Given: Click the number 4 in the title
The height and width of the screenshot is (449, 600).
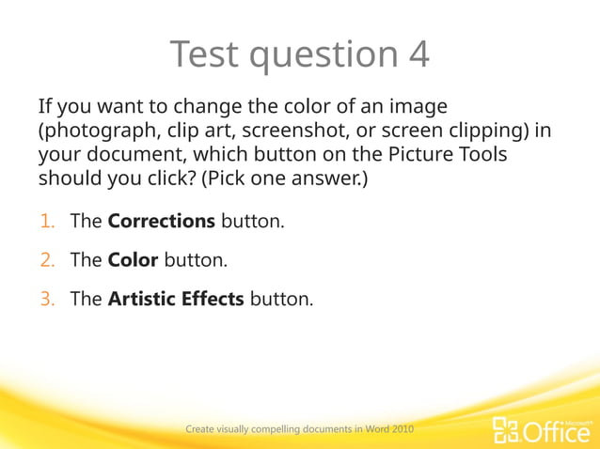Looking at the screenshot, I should pyautogui.click(x=418, y=55).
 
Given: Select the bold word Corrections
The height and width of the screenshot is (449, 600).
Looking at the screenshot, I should pyautogui.click(x=162, y=222).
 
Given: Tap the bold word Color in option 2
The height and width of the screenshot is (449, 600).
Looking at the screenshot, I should pyautogui.click(x=133, y=260).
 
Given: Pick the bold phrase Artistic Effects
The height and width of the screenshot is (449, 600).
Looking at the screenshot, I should pyautogui.click(x=176, y=299).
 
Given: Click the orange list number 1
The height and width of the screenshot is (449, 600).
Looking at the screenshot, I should pyautogui.click(x=48, y=222).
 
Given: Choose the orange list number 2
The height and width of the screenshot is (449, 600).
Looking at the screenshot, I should pyautogui.click(x=48, y=260).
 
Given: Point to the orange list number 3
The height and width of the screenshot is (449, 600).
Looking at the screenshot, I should pyautogui.click(x=48, y=299).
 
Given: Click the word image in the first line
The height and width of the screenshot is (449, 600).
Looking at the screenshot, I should pyautogui.click(x=413, y=107).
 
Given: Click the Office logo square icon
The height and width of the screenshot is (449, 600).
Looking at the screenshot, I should pyautogui.click(x=506, y=430).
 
